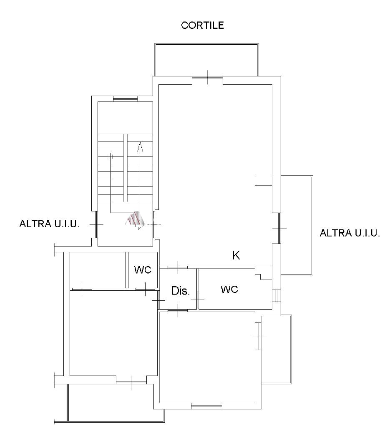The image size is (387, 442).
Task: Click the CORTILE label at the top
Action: (202, 25)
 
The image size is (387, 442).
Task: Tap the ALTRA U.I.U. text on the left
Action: (49, 224)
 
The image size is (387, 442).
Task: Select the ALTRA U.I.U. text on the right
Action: (350, 233)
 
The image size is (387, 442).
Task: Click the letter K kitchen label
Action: (236, 255)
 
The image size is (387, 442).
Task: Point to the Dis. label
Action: (181, 291)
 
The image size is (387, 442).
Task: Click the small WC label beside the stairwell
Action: (143, 270)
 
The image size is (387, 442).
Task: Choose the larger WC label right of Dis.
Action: (229, 289)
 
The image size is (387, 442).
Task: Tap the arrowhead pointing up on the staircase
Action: (140, 147)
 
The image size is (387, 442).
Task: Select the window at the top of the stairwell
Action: (125, 99)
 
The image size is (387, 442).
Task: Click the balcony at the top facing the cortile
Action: (206, 59)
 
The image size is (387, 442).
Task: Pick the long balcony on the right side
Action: (297, 225)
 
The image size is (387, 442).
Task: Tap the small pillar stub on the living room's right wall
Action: (264, 181)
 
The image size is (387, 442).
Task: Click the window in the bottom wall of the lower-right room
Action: (206, 406)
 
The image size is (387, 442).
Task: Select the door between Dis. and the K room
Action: (178, 267)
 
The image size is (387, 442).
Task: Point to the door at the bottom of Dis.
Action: (178, 310)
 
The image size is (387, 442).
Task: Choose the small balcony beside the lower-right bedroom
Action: (276, 349)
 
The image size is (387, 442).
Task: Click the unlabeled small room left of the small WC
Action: (98, 270)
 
